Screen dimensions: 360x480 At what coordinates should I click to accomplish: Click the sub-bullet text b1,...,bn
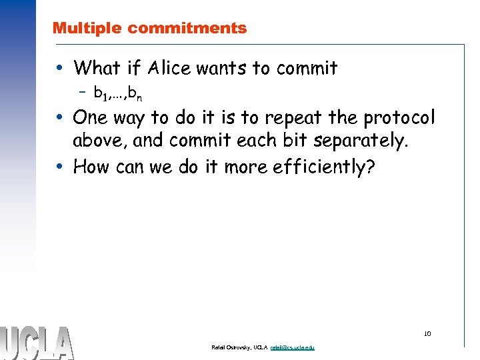tap(117, 95)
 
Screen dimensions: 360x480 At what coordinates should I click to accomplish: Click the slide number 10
tap(427, 334)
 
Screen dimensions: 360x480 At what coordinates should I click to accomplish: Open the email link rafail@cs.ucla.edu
tap(293, 348)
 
